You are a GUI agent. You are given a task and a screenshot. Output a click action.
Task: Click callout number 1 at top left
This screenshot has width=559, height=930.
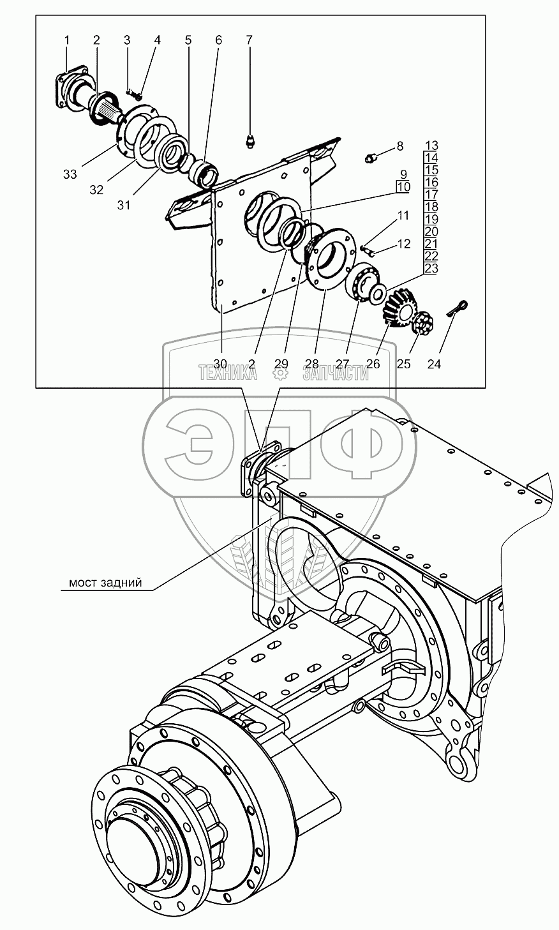click(66, 40)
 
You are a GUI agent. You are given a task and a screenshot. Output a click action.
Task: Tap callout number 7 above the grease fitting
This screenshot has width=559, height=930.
click(249, 40)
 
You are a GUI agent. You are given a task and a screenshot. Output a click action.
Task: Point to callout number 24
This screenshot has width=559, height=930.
click(434, 364)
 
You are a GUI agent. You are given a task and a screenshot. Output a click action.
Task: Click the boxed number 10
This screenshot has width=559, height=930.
click(403, 187)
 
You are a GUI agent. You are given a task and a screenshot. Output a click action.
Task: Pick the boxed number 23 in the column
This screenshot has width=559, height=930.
click(431, 268)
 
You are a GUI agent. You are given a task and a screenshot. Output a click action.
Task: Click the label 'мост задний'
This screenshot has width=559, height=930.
click(105, 583)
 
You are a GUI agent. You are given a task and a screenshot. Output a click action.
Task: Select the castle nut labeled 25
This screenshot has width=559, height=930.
click(422, 322)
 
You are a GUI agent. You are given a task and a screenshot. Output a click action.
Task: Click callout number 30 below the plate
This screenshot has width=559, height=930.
click(220, 364)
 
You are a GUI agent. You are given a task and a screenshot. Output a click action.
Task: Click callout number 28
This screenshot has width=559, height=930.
click(312, 364)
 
